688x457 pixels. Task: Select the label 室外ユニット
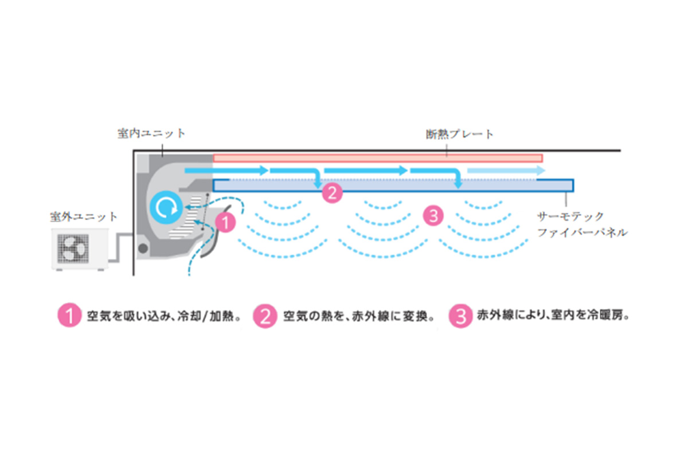[84, 216]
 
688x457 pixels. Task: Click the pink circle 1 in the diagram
[225, 222]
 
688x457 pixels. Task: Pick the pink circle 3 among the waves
[433, 215]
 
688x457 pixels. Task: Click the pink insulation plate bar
[377, 157]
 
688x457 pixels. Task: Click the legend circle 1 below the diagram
[69, 317]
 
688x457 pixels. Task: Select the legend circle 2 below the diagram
[265, 317]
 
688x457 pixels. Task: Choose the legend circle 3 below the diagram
[459, 317]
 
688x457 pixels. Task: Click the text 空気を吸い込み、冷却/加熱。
[162, 317]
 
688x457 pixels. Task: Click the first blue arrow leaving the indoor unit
[226, 171]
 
